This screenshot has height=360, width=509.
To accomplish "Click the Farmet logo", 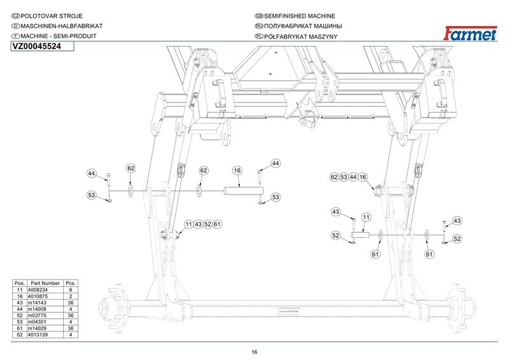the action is pyautogui.click(x=470, y=34).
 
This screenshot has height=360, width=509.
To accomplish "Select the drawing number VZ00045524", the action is pyautogui.click(x=37, y=46).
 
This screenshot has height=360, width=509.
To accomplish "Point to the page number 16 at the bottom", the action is pyautogui.click(x=254, y=352).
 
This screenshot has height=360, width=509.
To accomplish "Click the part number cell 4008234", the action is pyautogui.click(x=38, y=290).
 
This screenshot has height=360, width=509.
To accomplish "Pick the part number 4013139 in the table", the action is pyautogui.click(x=38, y=335).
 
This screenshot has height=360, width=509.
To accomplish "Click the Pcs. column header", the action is pyautogui.click(x=71, y=284).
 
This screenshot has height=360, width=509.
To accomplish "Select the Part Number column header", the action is pyautogui.click(x=45, y=284).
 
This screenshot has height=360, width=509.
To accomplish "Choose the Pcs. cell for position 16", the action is pyautogui.click(x=71, y=296).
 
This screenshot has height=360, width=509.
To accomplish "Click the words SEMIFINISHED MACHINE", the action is pyautogui.click(x=299, y=16).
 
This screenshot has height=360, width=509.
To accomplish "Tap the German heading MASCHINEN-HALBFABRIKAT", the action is pyautogui.click(x=62, y=26).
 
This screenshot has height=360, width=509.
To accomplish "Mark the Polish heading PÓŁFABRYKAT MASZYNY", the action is pyautogui.click(x=300, y=36).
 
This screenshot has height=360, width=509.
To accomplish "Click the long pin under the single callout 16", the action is pyautogui.click(x=244, y=190).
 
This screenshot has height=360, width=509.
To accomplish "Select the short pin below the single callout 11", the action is pyautogui.click(x=360, y=234).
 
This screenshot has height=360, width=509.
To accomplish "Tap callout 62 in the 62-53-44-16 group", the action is pyautogui.click(x=334, y=177).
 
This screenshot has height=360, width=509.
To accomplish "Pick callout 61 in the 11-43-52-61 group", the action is pyautogui.click(x=217, y=224).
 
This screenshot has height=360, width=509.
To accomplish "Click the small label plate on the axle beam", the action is pyautogui.click(x=289, y=312).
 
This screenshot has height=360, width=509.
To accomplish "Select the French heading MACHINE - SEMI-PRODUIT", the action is pyautogui.click(x=59, y=36).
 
